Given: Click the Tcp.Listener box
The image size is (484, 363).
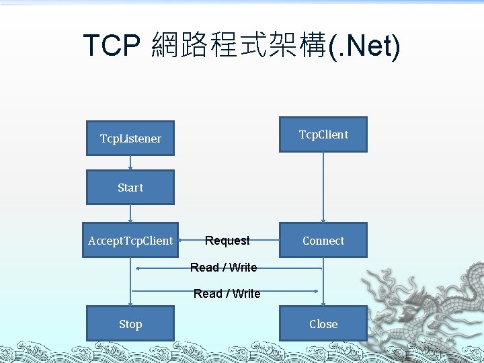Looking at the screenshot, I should [130, 138].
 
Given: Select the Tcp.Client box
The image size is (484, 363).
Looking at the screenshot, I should [323, 134].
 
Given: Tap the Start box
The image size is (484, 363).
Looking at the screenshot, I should [130, 188].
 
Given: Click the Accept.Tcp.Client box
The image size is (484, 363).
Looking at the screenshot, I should [130, 241].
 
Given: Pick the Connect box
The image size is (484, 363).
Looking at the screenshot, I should [323, 241].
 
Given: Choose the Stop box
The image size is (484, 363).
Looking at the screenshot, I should [130, 324].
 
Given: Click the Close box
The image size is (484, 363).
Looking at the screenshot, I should [323, 324].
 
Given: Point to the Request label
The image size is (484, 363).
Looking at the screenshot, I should [227, 241].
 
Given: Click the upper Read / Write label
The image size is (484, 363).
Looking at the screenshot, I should [223, 268].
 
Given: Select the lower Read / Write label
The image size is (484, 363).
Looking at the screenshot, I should [227, 294].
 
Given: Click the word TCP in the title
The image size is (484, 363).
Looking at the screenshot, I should [111, 46].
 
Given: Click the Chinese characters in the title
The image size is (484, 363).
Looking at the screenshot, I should [239, 46].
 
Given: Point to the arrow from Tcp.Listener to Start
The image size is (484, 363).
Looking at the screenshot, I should [130, 163].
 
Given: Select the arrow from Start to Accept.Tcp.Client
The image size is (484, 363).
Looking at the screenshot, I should [130, 213].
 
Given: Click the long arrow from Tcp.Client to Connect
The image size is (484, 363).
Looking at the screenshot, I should [323, 188].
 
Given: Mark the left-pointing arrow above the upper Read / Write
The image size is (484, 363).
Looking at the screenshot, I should [229, 268].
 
